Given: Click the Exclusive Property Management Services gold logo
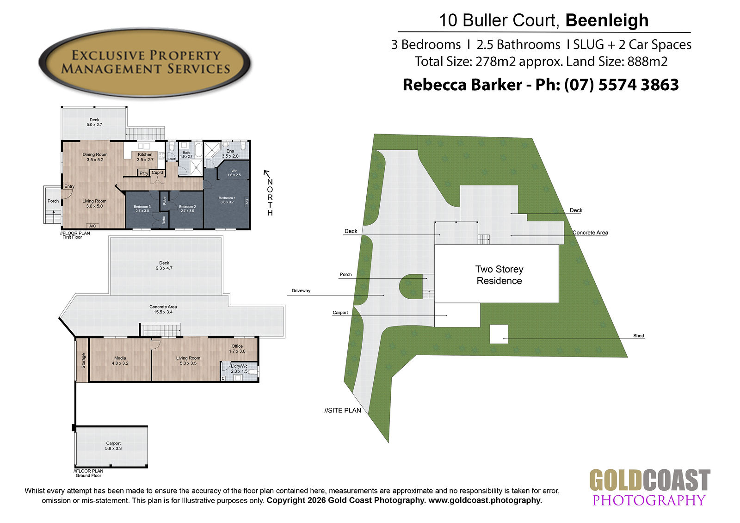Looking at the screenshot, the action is pyautogui.click(x=145, y=62).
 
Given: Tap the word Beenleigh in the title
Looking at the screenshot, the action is pyautogui.click(x=607, y=21).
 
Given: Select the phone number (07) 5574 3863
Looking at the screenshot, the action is pyautogui.click(x=622, y=85).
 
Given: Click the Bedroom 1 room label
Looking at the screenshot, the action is pyautogui.click(x=227, y=200).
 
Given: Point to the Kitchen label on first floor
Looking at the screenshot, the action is pyautogui.click(x=145, y=157).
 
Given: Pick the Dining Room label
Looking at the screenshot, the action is pyautogui.click(x=95, y=157).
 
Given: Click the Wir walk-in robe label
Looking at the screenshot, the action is pyautogui.click(x=234, y=173).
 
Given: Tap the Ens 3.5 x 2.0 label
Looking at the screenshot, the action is pyautogui.click(x=230, y=154).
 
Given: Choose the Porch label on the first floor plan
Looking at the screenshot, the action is pyautogui.click(x=53, y=201).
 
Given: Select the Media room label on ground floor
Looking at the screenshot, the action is pyautogui.click(x=120, y=360).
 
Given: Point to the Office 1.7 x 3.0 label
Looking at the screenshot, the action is pyautogui.click(x=237, y=349).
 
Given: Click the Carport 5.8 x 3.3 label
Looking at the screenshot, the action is pyautogui.click(x=113, y=446).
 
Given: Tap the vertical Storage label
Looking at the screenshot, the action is pyautogui.click(x=83, y=360).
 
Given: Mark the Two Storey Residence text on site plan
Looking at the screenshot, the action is pyautogui.click(x=499, y=275).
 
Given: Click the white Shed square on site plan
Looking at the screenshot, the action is pyautogui.click(x=499, y=334).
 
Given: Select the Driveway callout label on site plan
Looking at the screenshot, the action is pyautogui.click(x=301, y=291).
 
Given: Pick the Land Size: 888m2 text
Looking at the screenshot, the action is pyautogui.click(x=617, y=62).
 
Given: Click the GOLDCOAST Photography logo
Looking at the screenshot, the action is pyautogui.click(x=649, y=487).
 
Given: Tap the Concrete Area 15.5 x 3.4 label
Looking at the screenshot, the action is pyautogui.click(x=163, y=309).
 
